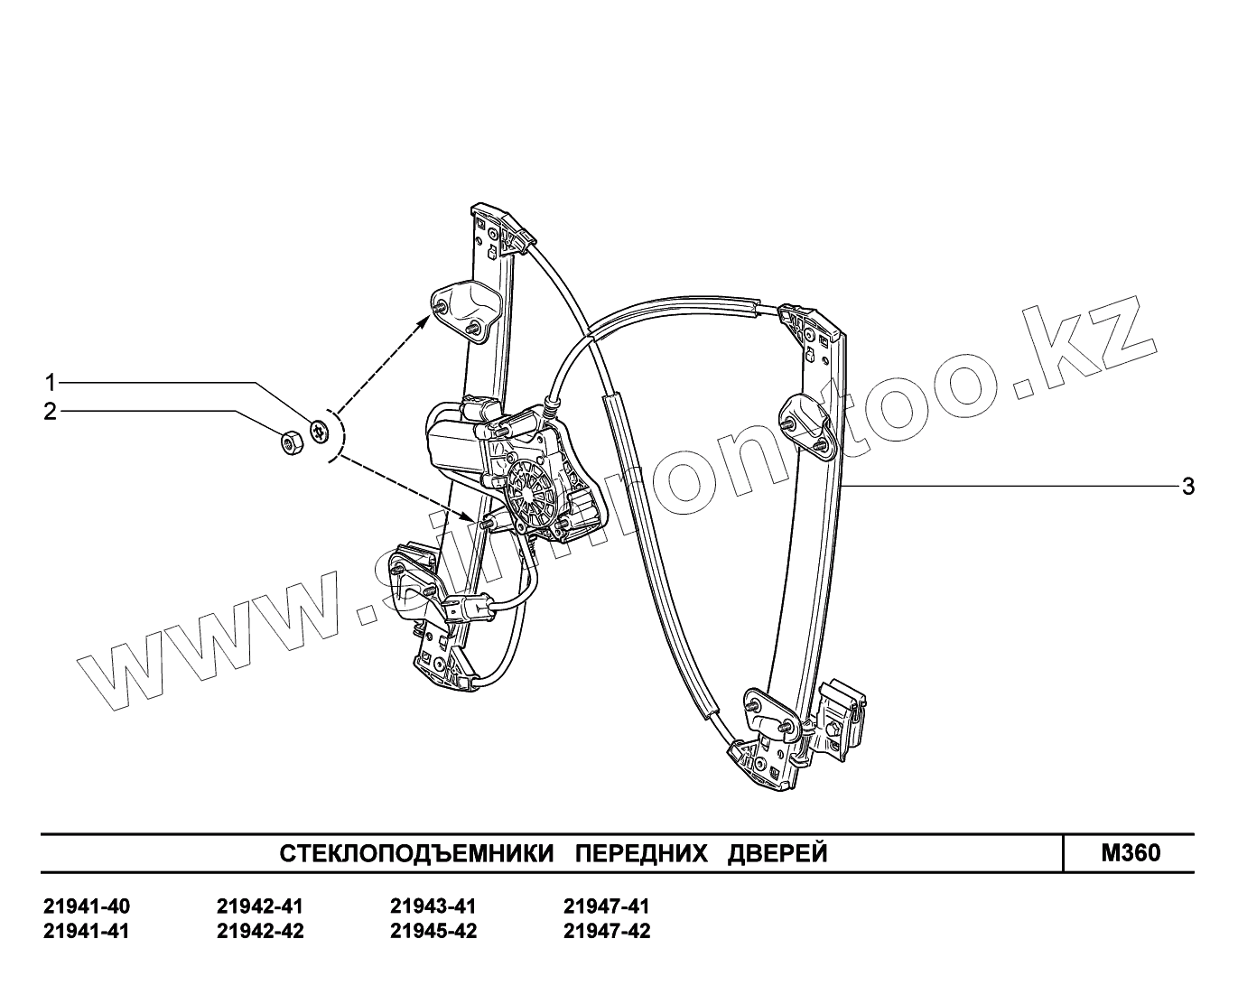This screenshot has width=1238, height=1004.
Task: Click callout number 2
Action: [51, 412]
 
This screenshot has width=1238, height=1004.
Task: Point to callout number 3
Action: [1188, 487]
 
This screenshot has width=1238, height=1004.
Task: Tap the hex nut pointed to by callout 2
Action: [292, 442]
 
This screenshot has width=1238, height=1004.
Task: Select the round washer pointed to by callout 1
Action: [319, 431]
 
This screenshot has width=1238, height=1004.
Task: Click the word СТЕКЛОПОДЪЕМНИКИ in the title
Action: [415, 853]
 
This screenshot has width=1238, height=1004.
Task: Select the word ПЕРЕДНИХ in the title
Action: [641, 853]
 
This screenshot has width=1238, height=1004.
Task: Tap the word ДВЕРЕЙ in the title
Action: [777, 853]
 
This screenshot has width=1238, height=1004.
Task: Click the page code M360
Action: [1131, 853]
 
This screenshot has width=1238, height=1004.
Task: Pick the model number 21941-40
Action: [86, 906]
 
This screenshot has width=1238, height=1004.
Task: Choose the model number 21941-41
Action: [86, 931]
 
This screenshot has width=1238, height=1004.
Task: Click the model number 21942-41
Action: [260, 906]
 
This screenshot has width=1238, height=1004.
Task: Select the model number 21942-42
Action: [260, 931]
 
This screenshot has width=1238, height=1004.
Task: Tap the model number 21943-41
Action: [433, 906]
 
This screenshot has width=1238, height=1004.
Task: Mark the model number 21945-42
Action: [433, 931]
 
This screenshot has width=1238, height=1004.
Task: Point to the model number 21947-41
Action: [606, 906]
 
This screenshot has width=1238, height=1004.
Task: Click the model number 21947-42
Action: [606, 931]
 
